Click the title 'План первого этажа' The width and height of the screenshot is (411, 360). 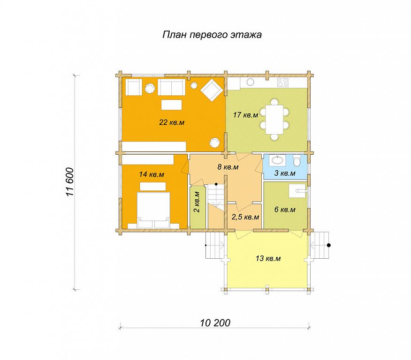tap(212, 35)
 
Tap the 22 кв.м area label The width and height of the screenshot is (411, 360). tap(172, 122)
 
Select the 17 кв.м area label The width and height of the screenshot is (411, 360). tap(245, 115)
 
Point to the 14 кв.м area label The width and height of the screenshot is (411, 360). tap(152, 174)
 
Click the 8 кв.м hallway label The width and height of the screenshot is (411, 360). tap(228, 167)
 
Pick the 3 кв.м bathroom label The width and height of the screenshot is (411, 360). tap(285, 173)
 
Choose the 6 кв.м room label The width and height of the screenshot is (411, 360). tap(285, 210)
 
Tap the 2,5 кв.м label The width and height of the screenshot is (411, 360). tap(245, 217)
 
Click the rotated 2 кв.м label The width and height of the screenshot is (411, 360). tap(198, 202)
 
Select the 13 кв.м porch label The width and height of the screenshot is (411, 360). tap(268, 258)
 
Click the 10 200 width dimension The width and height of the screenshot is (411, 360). tap(215, 323)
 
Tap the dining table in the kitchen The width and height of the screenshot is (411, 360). tap(274, 120)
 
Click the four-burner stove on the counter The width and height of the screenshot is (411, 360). tap(283, 82)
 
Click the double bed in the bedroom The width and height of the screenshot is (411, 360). tap(153, 210)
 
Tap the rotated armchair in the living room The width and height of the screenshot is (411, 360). tap(211, 90)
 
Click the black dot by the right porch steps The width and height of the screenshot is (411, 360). tap(329, 245)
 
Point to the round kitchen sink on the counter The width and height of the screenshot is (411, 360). tap(250, 82)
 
